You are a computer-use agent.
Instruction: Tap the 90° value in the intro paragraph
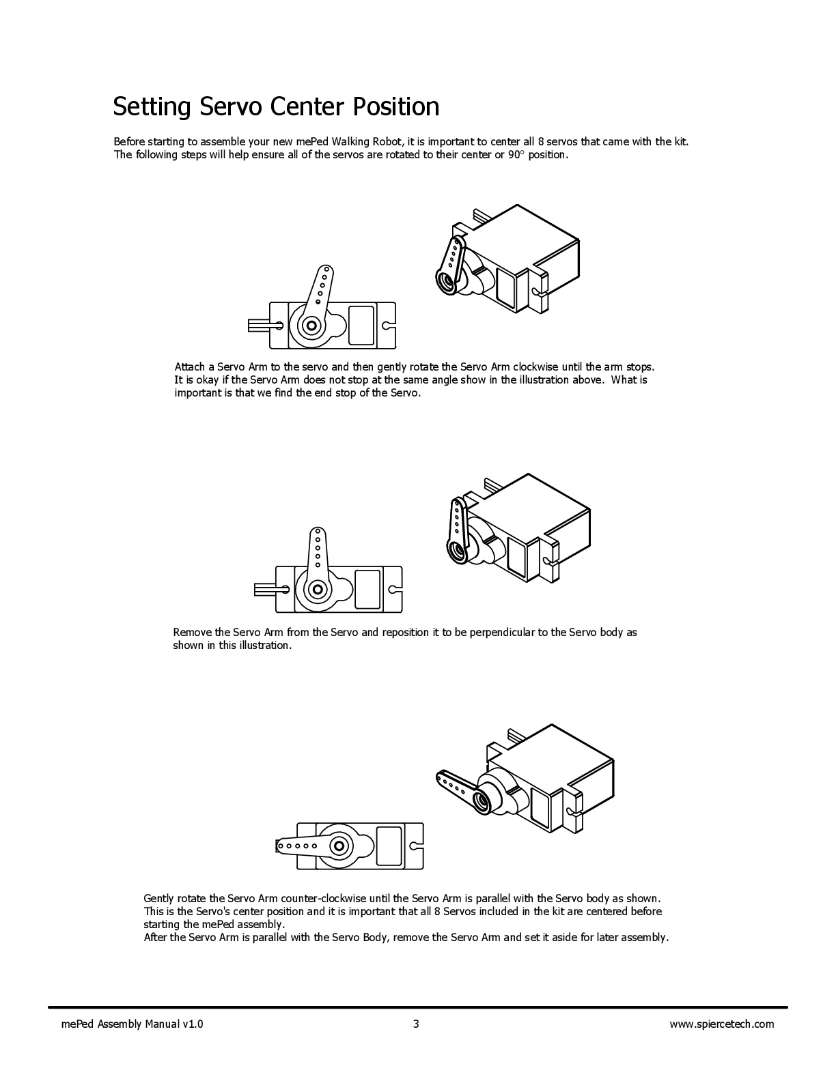(x=516, y=155)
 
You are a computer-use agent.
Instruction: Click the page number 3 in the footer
(x=416, y=1024)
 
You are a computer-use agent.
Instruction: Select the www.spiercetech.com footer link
(x=721, y=1024)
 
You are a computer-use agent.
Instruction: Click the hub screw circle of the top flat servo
(x=311, y=326)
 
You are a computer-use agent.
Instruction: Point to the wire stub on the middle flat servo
(x=264, y=588)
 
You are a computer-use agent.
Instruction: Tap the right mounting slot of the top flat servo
(x=389, y=326)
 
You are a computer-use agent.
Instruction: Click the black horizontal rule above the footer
(x=417, y=1007)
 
